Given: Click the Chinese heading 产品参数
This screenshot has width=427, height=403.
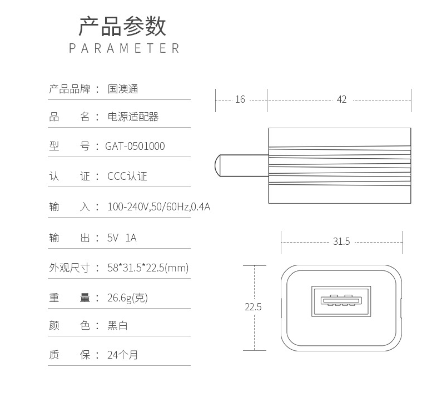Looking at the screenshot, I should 122,27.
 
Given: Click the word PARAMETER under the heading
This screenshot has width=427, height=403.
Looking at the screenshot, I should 125,48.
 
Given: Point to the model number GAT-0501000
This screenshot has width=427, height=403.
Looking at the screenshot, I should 135,147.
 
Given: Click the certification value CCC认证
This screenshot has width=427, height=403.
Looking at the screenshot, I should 127,177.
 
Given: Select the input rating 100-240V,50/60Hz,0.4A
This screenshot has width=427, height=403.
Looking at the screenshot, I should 158,207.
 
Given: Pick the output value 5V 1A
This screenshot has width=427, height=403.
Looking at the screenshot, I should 122,238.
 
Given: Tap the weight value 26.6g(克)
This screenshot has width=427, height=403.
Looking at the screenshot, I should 127,298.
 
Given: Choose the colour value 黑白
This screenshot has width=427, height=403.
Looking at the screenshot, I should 117,325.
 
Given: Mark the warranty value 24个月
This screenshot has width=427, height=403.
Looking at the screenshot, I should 122,355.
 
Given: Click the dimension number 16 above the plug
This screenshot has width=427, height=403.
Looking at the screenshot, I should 240,99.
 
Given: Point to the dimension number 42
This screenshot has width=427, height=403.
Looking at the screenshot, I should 341,99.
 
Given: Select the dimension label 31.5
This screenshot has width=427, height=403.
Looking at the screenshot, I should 341,241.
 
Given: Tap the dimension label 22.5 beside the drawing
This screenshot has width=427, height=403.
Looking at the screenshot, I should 253,306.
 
